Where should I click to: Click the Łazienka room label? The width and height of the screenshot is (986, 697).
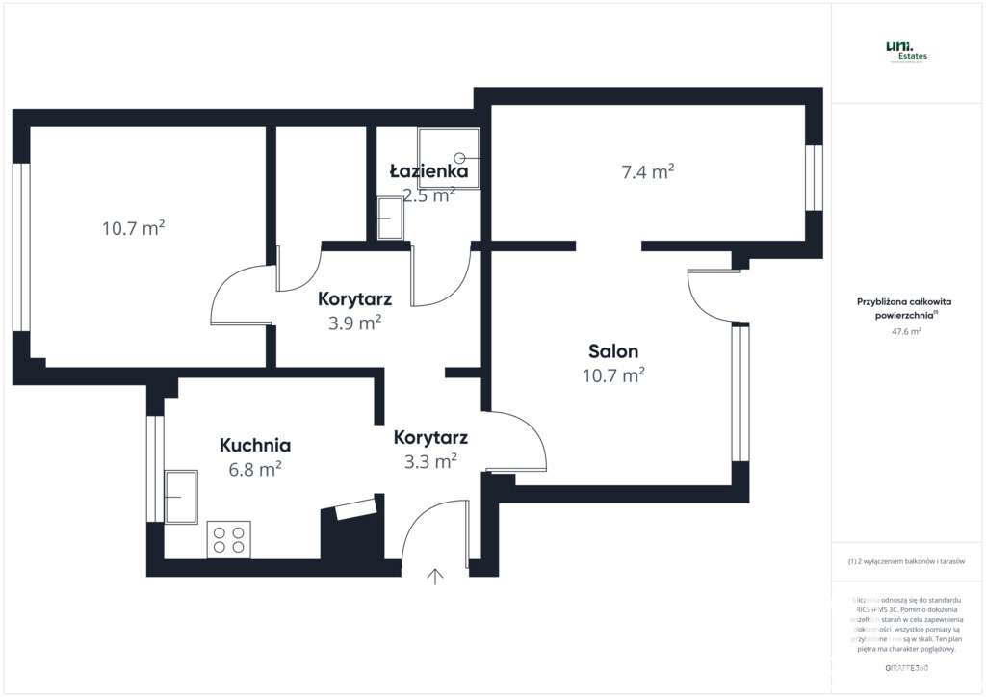428,171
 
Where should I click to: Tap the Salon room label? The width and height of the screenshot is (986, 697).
613,351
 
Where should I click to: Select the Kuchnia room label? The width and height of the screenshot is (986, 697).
255,446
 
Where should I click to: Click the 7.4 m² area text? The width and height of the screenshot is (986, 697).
647,172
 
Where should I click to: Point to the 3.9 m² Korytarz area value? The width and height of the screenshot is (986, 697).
355,323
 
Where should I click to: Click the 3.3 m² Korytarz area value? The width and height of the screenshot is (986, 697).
429,462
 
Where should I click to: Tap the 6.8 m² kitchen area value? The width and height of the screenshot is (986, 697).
255,470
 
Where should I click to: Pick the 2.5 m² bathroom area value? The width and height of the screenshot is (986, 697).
428,194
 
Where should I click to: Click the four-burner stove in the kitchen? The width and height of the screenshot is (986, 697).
229,538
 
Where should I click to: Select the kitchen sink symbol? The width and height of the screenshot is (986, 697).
181,496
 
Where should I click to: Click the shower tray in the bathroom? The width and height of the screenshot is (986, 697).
449,156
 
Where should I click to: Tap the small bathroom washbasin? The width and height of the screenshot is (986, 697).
390,219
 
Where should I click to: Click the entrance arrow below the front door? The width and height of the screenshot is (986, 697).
435,577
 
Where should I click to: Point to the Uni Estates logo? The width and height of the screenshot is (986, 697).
907,51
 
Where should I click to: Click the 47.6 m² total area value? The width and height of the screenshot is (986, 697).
906,330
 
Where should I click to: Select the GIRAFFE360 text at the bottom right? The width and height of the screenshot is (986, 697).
906,667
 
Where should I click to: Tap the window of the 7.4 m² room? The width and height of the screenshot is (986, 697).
814,178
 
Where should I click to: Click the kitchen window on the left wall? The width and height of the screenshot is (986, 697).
154,469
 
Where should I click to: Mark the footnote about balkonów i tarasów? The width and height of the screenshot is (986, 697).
906,561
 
